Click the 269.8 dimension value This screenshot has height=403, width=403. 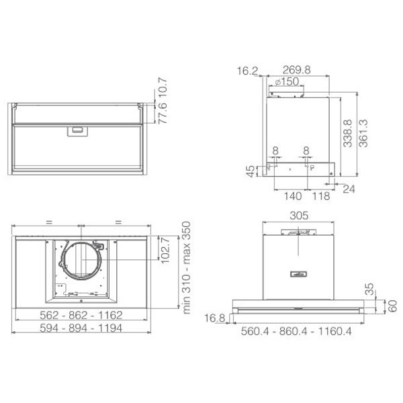pos(296,70)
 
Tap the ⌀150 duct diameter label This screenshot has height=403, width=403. pos(287,82)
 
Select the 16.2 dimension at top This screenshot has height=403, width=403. pos(247,71)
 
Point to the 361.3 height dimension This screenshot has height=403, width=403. pos(363,133)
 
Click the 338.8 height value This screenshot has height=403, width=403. pos(347,133)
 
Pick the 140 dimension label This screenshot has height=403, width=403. pos(292,196)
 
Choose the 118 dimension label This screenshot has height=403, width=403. pos(321,196)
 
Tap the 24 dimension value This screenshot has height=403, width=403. pos(349,189)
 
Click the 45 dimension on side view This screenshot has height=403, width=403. pos(250,171)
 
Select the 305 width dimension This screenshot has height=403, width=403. pos(299,216)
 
